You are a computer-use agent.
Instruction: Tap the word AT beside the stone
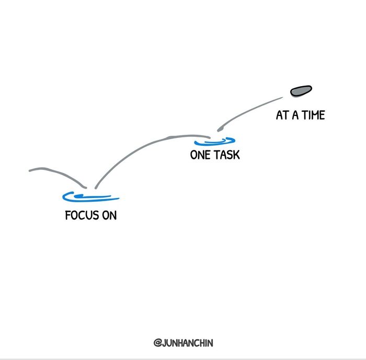[282, 115]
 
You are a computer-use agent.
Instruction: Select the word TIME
[313, 115]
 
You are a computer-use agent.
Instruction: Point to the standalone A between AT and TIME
[295, 115]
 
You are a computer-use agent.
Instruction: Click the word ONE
[200, 155]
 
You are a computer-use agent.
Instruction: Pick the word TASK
[227, 155]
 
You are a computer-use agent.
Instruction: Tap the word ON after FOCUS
[109, 215]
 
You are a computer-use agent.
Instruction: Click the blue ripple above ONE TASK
[215, 141]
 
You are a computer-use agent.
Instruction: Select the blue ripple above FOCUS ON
[90, 197]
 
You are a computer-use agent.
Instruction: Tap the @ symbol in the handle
[157, 343]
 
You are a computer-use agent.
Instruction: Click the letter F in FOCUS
[68, 215]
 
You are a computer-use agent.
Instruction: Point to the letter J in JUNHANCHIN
[164, 343]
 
